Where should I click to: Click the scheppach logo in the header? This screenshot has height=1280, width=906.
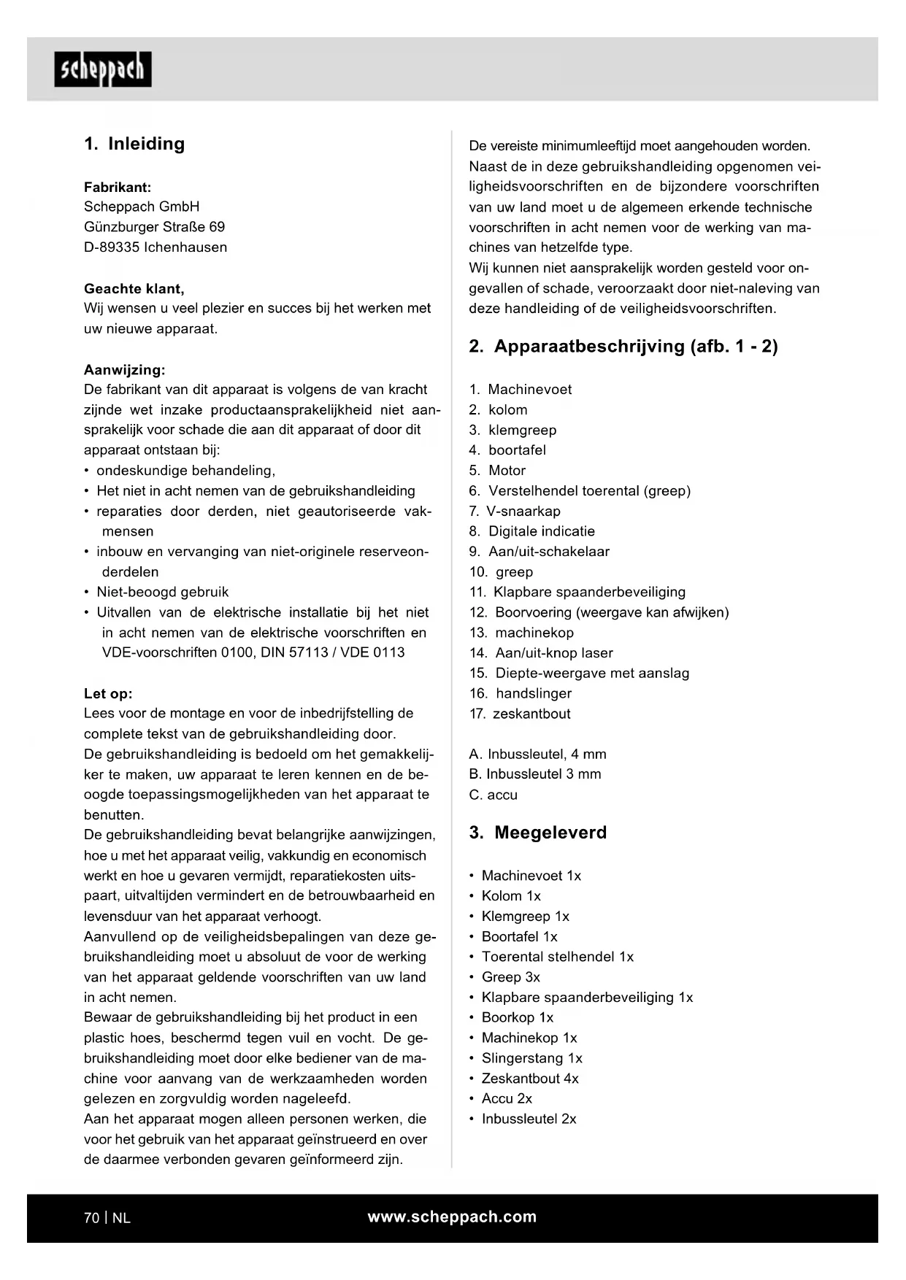(x=103, y=69)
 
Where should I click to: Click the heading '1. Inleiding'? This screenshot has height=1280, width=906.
(x=134, y=144)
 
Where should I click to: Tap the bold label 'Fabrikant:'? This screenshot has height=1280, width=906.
(x=118, y=188)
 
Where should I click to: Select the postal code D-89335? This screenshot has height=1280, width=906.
(x=112, y=247)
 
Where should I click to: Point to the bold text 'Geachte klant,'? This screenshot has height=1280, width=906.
(x=134, y=288)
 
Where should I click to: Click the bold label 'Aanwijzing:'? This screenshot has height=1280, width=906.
(x=125, y=370)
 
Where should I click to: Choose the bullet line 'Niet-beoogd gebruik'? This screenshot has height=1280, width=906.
(x=162, y=592)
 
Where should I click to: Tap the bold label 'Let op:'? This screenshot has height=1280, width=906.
(x=108, y=693)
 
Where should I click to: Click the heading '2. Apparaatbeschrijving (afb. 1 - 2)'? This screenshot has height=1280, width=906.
(x=623, y=346)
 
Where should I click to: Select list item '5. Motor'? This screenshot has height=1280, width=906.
(x=497, y=471)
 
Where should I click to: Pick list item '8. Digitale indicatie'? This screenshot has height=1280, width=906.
(x=532, y=531)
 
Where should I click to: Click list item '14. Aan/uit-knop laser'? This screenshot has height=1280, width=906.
(x=541, y=653)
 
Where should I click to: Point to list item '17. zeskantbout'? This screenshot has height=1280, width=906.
(x=520, y=714)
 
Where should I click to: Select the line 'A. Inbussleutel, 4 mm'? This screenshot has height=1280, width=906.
(x=537, y=754)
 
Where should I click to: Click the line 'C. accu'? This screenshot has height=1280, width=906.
(x=493, y=795)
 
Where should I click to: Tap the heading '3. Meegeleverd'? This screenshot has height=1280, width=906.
(x=538, y=833)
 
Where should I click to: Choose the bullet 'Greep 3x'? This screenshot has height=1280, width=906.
(x=510, y=977)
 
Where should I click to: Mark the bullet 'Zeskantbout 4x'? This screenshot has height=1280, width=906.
(x=529, y=1079)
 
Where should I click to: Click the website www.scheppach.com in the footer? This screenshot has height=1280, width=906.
(x=452, y=1217)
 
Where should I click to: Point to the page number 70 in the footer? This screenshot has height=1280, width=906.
(x=91, y=1218)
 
